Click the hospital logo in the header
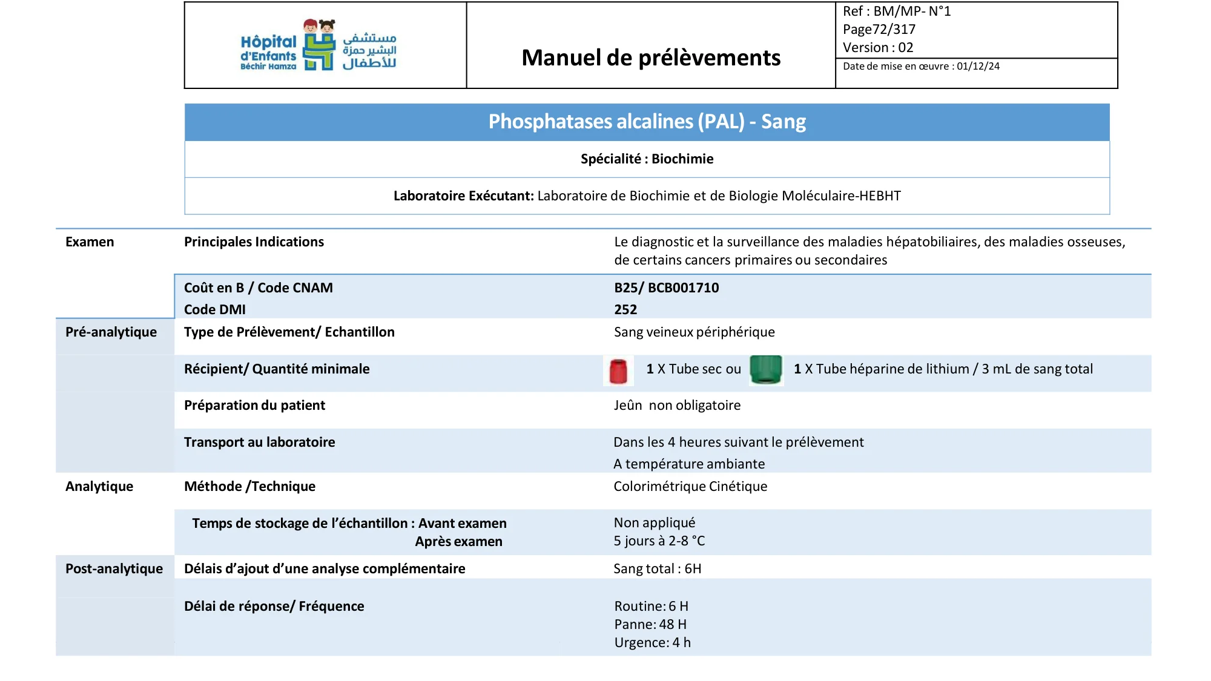coord(318,45)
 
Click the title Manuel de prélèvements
coord(651,58)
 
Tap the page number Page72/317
coord(879,29)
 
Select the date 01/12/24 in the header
coord(978,67)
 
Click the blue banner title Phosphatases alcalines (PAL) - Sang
coord(647,122)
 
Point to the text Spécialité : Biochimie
coord(647,159)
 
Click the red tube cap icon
coord(618,370)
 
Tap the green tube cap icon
coord(766,369)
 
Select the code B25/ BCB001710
coord(666,288)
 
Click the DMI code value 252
coord(625,309)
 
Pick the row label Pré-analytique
coord(111,332)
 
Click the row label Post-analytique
coord(114,568)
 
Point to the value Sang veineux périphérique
coord(694,332)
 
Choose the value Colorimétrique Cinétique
coord(690,486)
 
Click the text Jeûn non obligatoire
coord(677,405)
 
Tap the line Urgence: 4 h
coord(652,642)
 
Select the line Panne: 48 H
coord(650,624)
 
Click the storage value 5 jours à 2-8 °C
coord(659,541)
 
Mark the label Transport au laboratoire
coord(259,442)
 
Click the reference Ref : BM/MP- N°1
coord(897,11)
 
